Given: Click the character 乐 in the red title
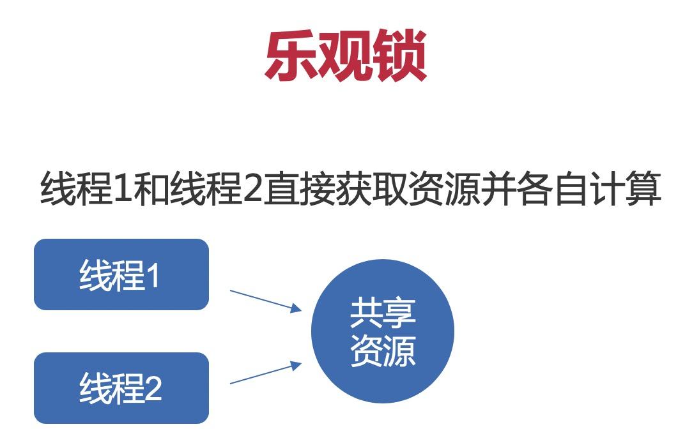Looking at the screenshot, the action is pyautogui.click(x=291, y=56).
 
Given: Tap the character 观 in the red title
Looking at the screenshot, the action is pyautogui.click(x=344, y=56).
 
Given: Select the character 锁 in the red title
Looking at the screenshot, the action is pyautogui.click(x=399, y=56).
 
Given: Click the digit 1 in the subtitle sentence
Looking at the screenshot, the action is pyautogui.click(x=123, y=189).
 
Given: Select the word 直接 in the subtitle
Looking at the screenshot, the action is pyautogui.click(x=299, y=189).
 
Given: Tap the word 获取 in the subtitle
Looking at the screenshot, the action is pyautogui.click(x=371, y=189).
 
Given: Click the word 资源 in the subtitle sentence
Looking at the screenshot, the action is pyautogui.click(x=443, y=189).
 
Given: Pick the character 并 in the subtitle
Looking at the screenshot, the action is pyautogui.click(x=497, y=189).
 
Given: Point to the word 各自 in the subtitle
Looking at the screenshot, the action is pyautogui.click(x=551, y=189).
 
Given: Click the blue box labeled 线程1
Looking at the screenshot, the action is pyautogui.click(x=121, y=274).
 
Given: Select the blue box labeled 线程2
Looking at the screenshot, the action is pyautogui.click(x=121, y=388).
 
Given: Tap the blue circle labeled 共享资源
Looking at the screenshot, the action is pyautogui.click(x=383, y=331).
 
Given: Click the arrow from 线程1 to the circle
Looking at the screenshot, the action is pyautogui.click(x=266, y=300).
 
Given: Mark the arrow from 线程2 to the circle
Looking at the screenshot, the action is pyautogui.click(x=266, y=373).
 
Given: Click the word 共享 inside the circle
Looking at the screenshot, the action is pyautogui.click(x=383, y=313).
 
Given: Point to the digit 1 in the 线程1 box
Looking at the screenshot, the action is pyautogui.click(x=153, y=276).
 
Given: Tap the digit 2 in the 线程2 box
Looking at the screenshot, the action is pyautogui.click(x=153, y=389).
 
